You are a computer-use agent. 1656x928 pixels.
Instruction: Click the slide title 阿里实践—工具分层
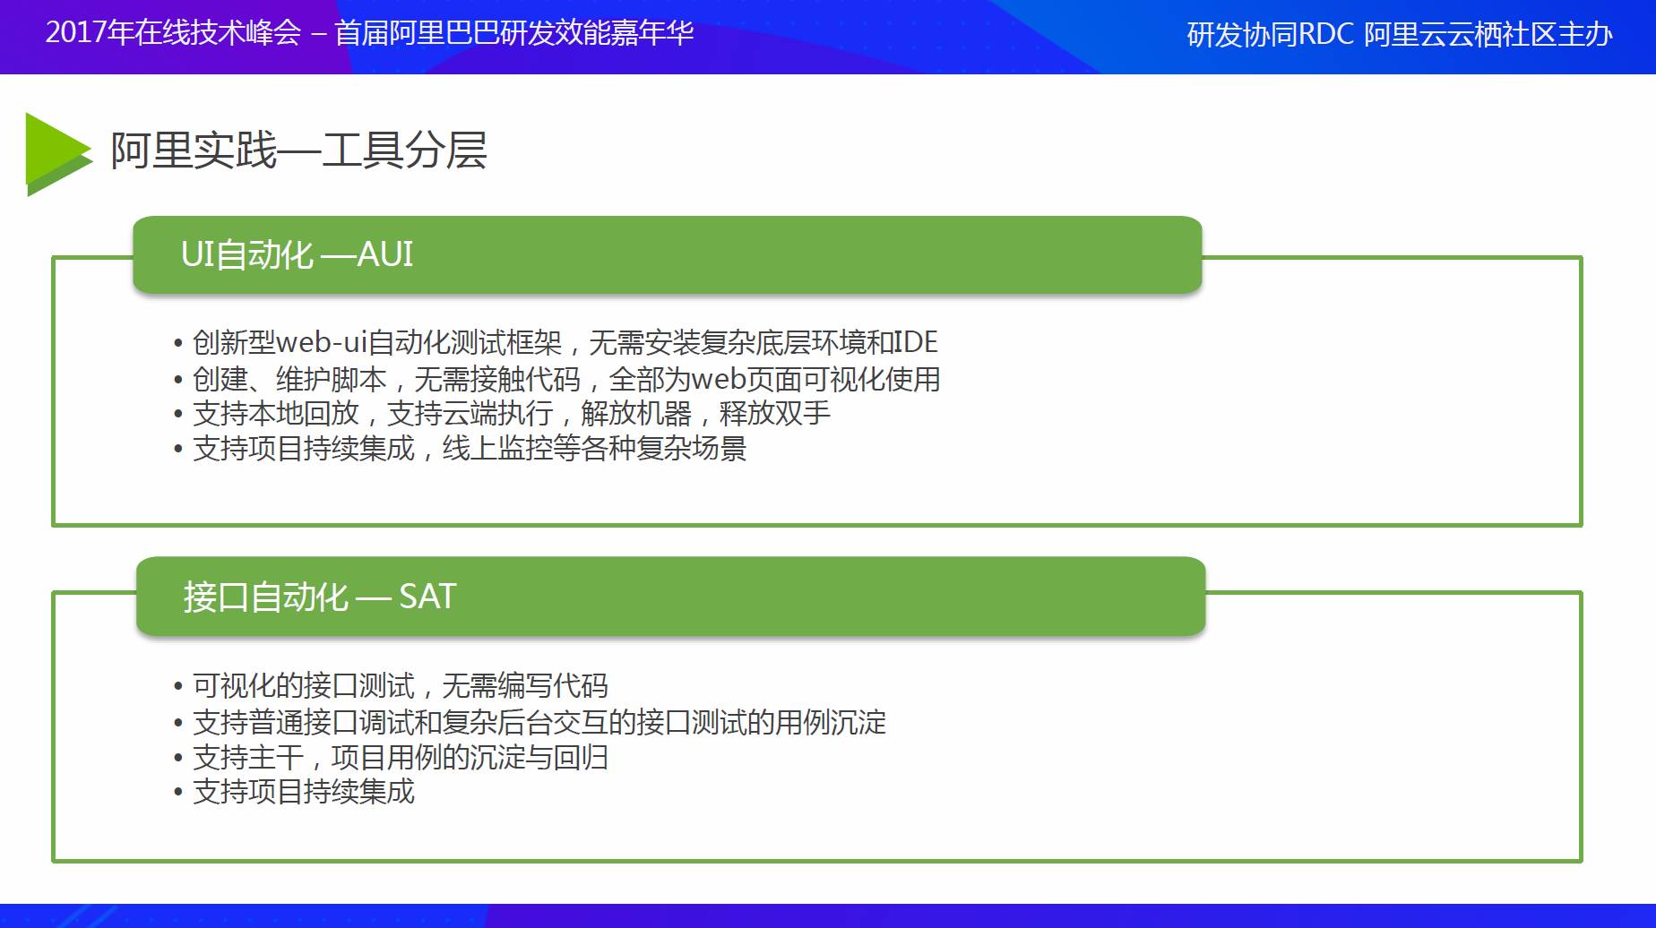(298, 150)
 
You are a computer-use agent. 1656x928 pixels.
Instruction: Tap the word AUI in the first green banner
(385, 254)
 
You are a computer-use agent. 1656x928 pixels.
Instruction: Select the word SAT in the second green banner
(427, 597)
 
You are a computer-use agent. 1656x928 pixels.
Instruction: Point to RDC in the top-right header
(1325, 34)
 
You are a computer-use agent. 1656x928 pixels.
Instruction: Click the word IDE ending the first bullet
(916, 342)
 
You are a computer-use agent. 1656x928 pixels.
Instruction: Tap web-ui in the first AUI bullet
(321, 342)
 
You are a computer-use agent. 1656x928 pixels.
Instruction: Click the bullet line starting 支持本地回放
(502, 413)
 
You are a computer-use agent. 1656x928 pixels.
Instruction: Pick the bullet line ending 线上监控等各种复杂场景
(460, 448)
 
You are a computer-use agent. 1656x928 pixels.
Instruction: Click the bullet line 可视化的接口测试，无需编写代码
(391, 686)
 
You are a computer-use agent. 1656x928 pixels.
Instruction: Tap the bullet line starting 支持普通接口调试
(530, 722)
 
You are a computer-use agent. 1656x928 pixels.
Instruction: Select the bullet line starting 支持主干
(391, 758)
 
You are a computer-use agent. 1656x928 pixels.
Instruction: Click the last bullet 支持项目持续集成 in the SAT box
(294, 792)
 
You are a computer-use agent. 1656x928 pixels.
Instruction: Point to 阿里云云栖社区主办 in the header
(1488, 34)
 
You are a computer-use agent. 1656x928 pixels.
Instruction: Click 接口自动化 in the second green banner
(265, 597)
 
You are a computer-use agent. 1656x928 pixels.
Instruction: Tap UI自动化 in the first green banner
(247, 254)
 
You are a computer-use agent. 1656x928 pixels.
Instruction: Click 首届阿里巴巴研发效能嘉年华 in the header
(514, 32)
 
